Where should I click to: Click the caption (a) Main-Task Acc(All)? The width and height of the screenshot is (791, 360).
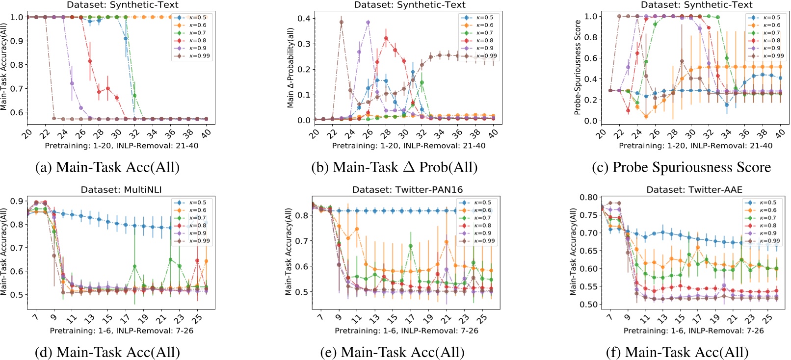pos(107,167)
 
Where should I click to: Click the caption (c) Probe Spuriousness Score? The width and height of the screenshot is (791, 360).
pos(681,167)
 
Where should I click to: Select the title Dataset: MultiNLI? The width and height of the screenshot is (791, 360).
pos(121,190)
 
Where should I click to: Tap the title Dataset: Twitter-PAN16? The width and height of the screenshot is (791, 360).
pos(407,190)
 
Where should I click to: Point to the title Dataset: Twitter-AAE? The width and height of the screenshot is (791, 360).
pos(694,190)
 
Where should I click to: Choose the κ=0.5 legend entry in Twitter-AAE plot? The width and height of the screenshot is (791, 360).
pos(768,203)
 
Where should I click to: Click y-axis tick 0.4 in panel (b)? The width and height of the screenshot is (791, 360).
pos(304,19)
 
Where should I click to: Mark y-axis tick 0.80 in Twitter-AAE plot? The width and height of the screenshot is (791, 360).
pos(588,198)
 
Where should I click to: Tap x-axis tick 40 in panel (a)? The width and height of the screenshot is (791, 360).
pos(206,133)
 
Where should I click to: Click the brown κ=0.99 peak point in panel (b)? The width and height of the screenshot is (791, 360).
pos(342,22)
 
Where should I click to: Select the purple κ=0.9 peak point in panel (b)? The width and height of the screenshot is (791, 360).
pos(368,23)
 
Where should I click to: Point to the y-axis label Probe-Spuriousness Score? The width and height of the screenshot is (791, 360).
pos(578,68)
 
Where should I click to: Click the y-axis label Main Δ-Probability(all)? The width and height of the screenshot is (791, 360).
pos(290,68)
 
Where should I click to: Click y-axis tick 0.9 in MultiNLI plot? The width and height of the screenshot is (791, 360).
pos(17,201)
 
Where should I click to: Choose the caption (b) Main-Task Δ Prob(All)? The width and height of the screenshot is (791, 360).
pos(395,167)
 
